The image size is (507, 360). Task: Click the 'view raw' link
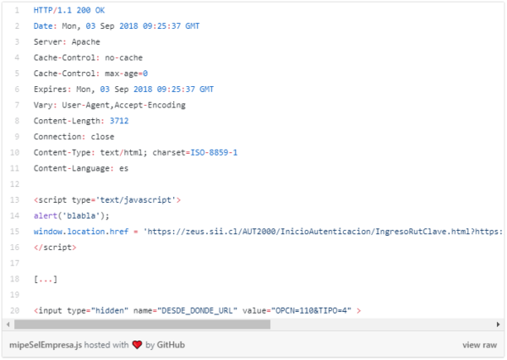click(479, 345)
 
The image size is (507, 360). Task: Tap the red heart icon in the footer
click(137, 345)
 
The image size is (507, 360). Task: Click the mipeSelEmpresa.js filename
click(46, 345)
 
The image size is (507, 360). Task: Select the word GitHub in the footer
click(171, 345)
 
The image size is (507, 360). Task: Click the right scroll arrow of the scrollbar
click(499, 325)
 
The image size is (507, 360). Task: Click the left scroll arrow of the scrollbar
click(8, 325)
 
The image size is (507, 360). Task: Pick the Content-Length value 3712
click(119, 121)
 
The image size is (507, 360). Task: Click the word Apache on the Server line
click(85, 42)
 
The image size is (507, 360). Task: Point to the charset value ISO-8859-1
click(214, 152)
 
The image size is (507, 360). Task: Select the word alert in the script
click(46, 215)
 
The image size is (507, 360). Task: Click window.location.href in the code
click(81, 232)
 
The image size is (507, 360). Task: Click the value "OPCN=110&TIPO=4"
click(311, 311)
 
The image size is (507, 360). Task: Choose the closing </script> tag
click(55, 248)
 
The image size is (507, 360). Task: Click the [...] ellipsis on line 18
click(46, 279)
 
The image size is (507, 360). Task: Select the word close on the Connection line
click(102, 137)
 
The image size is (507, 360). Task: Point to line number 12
click(14, 184)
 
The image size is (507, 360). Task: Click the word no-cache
click(123, 58)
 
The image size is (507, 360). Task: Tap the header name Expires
click(50, 90)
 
